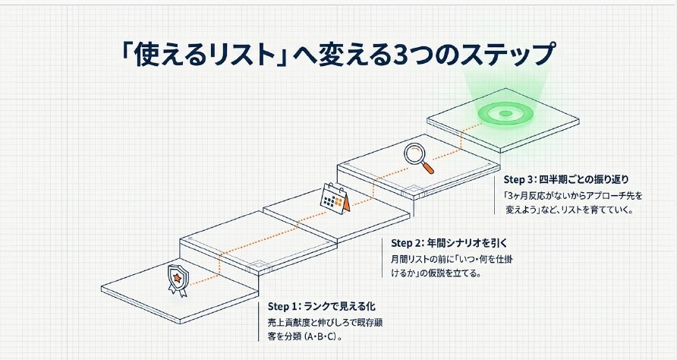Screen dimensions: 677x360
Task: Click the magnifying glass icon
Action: pyautogui.click(x=418, y=158)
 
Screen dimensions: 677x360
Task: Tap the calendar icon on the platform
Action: pyautogui.click(x=335, y=199)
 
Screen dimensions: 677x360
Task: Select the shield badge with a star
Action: pyautogui.click(x=178, y=280)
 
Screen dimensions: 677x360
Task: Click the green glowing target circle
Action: pyautogui.click(x=505, y=113)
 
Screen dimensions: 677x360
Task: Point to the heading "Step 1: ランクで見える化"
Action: pyautogui.click(x=321, y=306)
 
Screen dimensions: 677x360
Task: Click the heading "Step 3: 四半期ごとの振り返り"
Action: pyautogui.click(x=566, y=179)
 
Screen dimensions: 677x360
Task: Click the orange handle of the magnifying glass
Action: pyautogui.click(x=427, y=167)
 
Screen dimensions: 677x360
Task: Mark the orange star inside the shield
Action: pyautogui.click(x=177, y=277)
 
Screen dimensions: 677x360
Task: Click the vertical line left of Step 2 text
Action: pyautogui.click(x=383, y=257)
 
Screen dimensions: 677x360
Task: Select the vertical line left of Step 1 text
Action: pyautogui.click(x=259, y=321)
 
